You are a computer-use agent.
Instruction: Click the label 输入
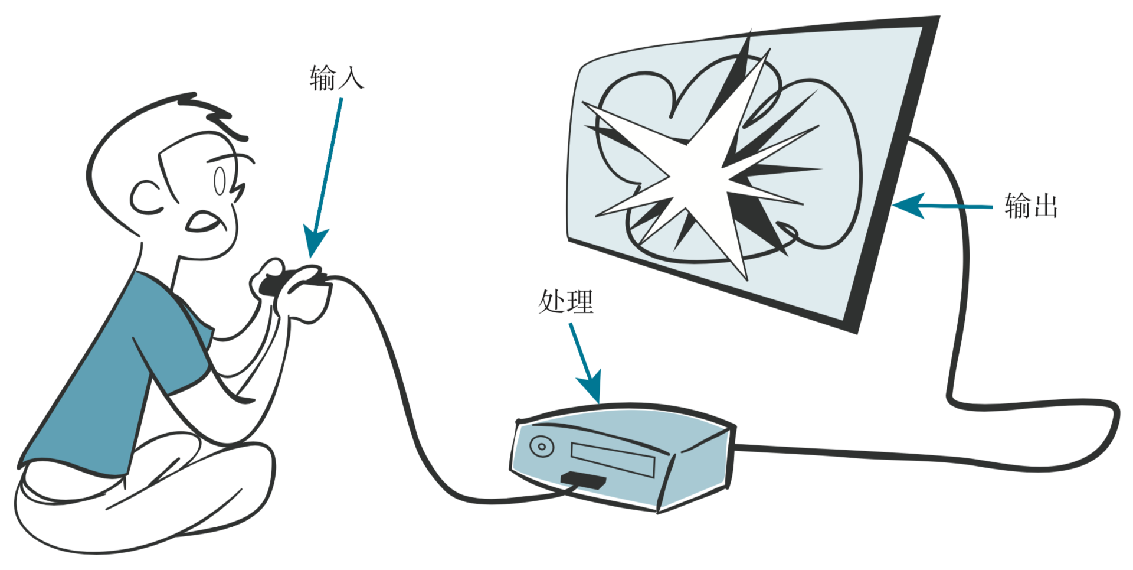(336, 78)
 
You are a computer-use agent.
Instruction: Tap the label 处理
(565, 302)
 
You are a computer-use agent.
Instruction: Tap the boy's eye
(220, 181)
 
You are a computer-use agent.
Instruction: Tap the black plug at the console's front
(583, 480)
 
